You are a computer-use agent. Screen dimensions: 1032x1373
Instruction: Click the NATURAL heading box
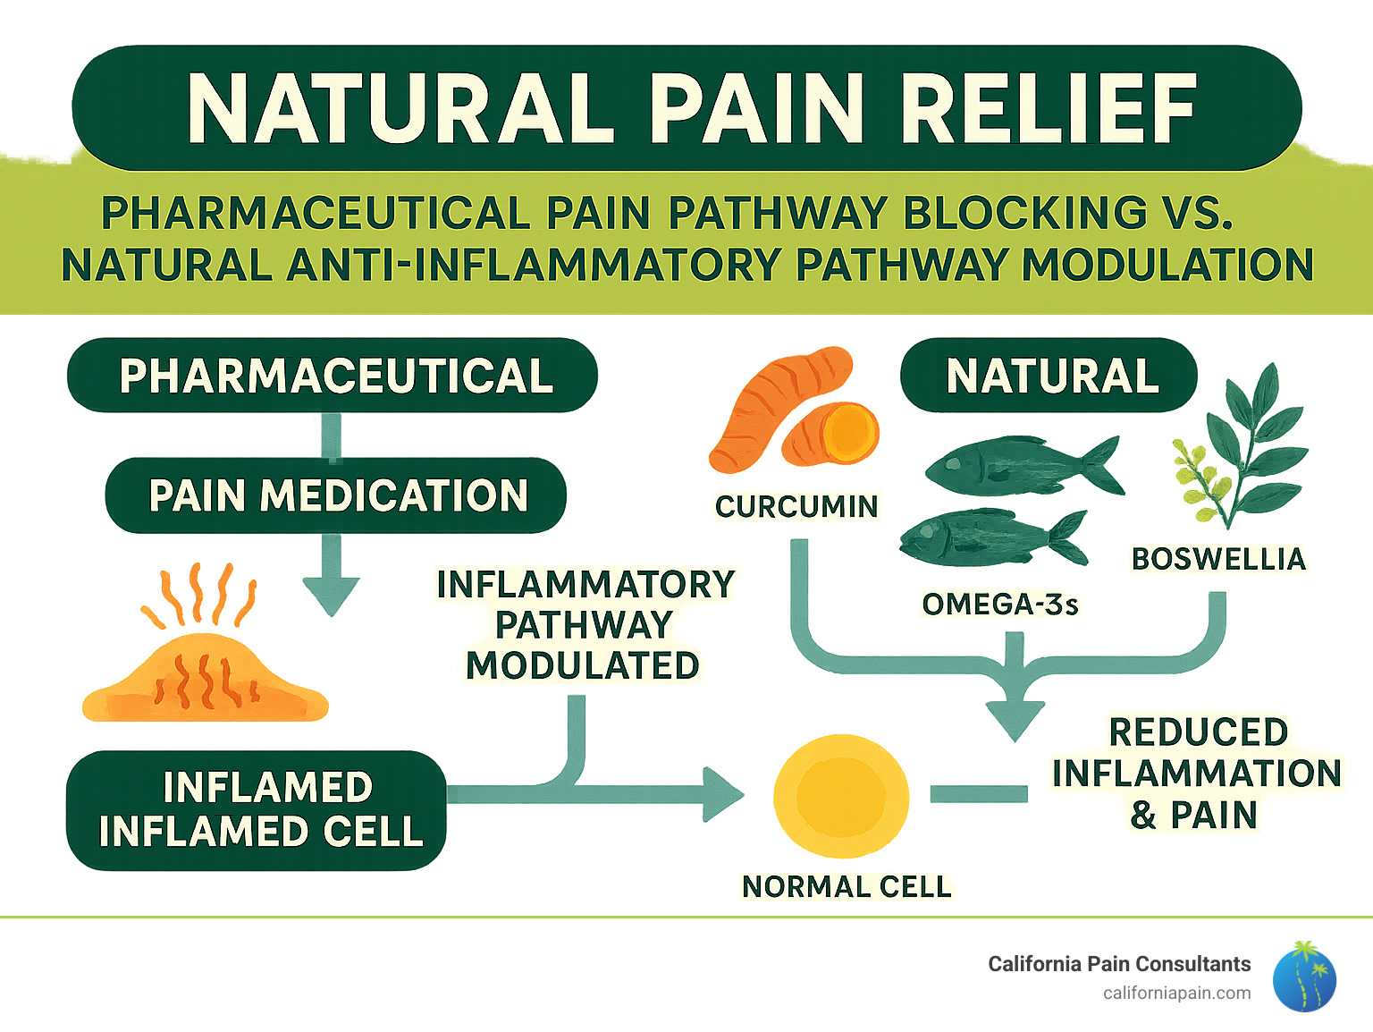coord(1049,376)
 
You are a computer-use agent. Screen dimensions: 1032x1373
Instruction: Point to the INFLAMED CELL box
coord(257,810)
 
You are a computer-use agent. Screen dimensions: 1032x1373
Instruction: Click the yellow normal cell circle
coord(840,795)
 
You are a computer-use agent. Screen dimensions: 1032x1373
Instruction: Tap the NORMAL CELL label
coord(847,886)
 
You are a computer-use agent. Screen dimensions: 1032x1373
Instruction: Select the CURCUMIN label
coord(796,506)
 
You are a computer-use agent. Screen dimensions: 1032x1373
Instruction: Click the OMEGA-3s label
coord(999,605)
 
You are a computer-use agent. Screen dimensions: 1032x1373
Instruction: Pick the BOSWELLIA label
coord(1218,559)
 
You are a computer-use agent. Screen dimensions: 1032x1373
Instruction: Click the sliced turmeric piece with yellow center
coord(831,434)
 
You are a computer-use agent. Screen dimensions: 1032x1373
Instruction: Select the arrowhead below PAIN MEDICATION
coord(332,594)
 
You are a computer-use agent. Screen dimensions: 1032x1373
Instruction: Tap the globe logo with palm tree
coord(1303,977)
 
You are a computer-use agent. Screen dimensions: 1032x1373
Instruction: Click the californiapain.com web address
coord(1176,993)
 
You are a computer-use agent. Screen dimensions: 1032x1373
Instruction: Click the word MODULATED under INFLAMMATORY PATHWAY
coord(583,665)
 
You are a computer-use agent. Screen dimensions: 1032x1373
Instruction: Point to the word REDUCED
coord(1198,732)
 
